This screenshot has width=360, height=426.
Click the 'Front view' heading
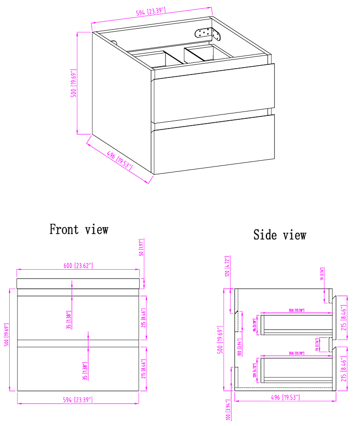tap(79, 229)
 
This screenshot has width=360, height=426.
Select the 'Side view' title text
tap(280, 235)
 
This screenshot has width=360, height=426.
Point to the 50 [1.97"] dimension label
tap(141, 248)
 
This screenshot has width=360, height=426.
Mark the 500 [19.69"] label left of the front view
tap(7, 336)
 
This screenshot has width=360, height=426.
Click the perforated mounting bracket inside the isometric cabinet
tap(208, 34)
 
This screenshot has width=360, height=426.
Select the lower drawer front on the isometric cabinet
tap(214, 144)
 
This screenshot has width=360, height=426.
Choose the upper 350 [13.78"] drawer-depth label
tap(296, 310)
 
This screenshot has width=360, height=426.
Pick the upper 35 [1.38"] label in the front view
tap(70, 319)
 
